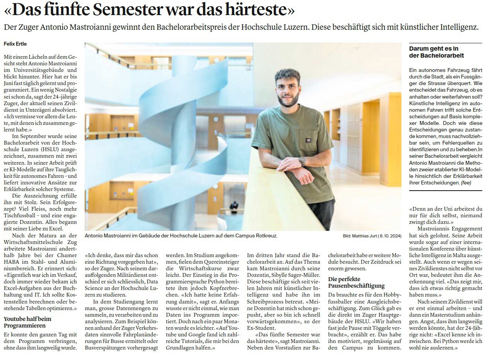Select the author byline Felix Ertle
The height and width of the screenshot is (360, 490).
15,44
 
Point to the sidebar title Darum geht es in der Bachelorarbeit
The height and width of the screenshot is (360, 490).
436,52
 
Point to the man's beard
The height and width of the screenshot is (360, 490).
287,101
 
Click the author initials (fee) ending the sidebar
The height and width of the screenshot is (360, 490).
466,183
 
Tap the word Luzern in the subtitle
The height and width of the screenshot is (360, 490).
293,27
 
